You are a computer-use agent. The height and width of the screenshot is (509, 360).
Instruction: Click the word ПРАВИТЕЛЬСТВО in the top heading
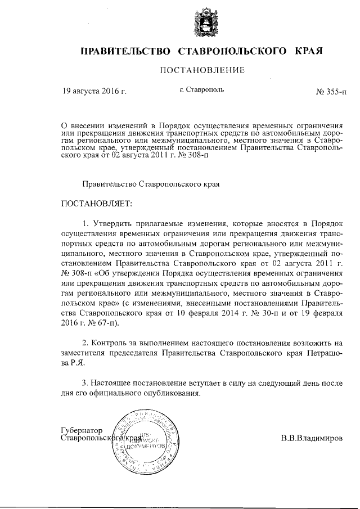[x=125, y=51]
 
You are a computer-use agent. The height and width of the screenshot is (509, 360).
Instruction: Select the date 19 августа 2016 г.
[x=94, y=90]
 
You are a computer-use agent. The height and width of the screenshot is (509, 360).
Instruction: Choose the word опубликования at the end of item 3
[x=174, y=393]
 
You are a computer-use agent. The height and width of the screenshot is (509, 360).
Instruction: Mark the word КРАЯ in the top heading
[x=309, y=51]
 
